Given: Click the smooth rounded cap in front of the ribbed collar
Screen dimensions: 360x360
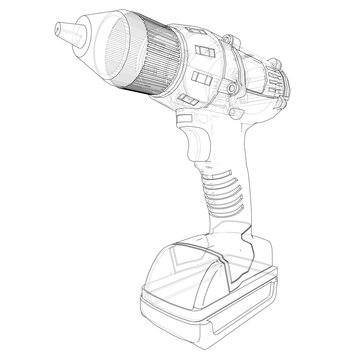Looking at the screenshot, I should [100, 50].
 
